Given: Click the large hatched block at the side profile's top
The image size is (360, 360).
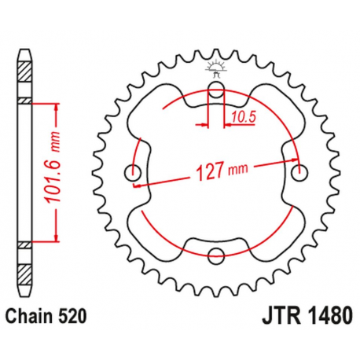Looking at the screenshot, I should (x=27, y=78).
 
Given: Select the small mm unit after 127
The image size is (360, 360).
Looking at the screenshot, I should (x=237, y=168).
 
